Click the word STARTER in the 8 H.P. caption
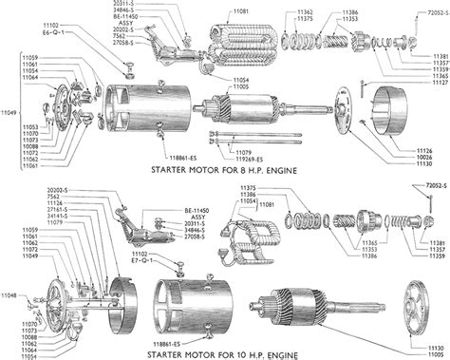click(173, 171)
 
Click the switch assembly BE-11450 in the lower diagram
click(141, 233)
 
